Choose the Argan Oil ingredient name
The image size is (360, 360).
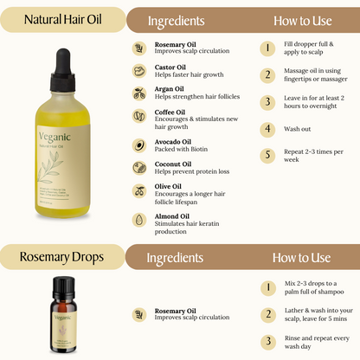click(168, 89)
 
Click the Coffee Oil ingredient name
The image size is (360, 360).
click(170, 112)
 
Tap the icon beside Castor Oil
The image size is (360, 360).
click(138, 71)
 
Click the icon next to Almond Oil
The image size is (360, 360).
click(138, 221)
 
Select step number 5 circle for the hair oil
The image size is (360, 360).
click(268, 155)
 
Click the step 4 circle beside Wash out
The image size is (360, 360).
click(268, 129)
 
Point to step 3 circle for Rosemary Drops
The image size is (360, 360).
click(268, 341)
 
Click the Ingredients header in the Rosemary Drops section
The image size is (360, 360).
click(176, 257)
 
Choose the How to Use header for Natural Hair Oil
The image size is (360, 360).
click(302, 20)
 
